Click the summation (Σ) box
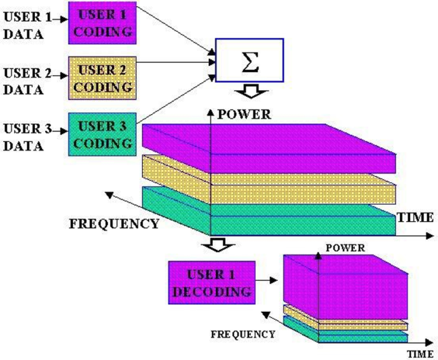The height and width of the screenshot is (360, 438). pos(250,59)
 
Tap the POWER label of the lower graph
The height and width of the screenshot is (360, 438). pos(345,249)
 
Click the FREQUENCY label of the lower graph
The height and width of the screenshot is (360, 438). pos(243,334)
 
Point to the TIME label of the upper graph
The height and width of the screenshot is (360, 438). pos(415,217)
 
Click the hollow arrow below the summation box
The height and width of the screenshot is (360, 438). pos(249,93)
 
